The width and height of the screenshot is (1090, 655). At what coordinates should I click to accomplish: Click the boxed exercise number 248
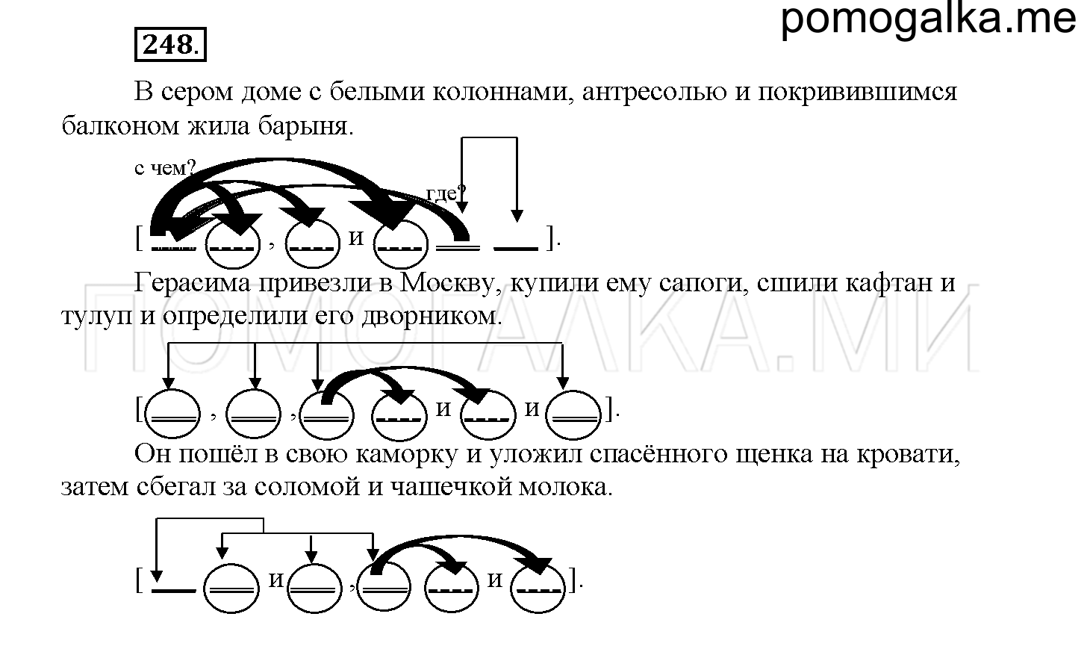[x=170, y=45]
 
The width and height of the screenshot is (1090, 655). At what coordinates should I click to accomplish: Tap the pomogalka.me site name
[x=929, y=19]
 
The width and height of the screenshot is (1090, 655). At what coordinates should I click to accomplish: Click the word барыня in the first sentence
[x=305, y=126]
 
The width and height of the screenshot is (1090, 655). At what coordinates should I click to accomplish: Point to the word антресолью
[x=655, y=91]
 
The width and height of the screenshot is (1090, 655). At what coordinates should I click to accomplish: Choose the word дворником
[x=432, y=317]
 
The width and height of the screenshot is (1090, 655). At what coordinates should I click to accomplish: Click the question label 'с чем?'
[x=164, y=168]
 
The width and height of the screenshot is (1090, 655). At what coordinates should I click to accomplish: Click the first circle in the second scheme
[x=172, y=414]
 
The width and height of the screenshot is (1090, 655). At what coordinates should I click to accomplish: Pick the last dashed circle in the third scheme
[x=538, y=588]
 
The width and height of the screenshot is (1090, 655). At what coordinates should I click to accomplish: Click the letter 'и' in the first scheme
[x=356, y=238]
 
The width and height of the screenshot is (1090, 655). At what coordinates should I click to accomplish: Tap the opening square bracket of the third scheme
[x=140, y=581]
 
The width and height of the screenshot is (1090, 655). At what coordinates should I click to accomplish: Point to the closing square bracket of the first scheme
[x=550, y=238]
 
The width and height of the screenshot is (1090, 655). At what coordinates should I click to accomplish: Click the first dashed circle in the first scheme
[x=233, y=244]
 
